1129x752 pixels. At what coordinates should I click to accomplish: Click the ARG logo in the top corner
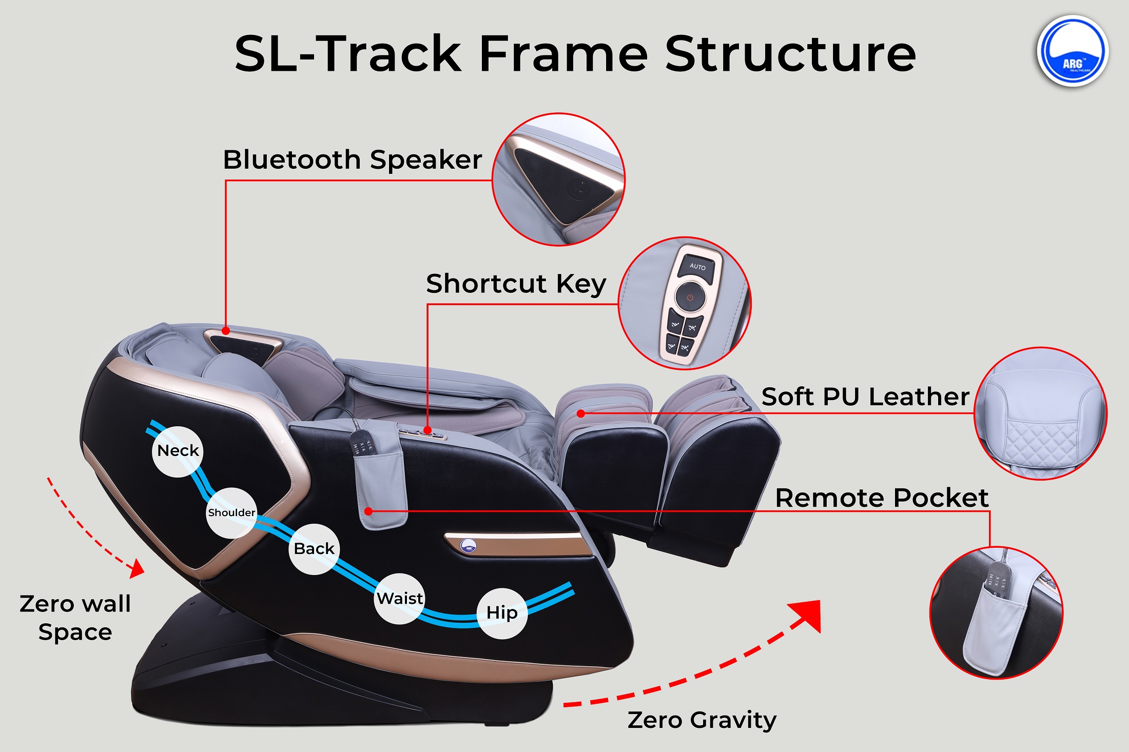(x=1073, y=51)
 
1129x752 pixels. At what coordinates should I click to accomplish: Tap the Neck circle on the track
(x=178, y=451)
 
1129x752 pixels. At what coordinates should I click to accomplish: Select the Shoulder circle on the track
(x=231, y=513)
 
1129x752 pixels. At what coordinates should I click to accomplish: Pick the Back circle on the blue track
(x=314, y=549)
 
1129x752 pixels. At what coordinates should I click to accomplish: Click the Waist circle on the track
(x=400, y=599)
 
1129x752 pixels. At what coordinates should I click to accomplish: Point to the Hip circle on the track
(x=502, y=613)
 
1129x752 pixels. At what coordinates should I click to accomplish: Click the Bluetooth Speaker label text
(x=353, y=160)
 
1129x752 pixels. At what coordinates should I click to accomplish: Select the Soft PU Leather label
(x=865, y=397)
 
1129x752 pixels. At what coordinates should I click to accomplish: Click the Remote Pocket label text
(x=882, y=498)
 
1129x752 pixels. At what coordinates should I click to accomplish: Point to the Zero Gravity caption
(x=702, y=720)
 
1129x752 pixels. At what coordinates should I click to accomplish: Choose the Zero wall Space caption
(x=75, y=618)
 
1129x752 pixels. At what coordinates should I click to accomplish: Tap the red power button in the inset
(x=690, y=298)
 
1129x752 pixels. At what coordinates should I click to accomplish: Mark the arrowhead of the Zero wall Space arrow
(x=137, y=568)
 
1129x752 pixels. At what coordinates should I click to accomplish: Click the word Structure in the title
(x=790, y=53)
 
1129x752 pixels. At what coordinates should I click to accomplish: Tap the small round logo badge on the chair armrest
(x=468, y=546)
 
